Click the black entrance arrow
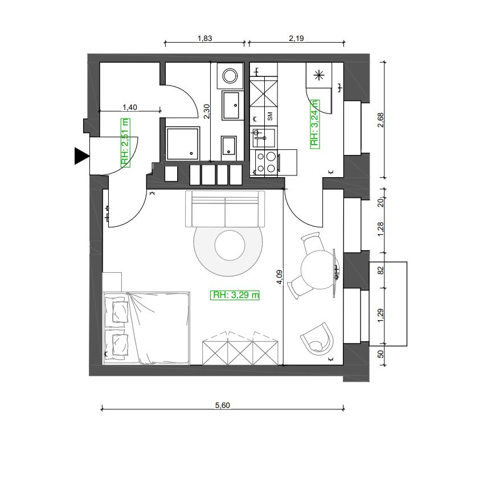pos(81,156)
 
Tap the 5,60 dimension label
pos(222,405)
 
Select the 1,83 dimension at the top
pos(204,38)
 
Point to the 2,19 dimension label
pos(296,38)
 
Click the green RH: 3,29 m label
pos(235,295)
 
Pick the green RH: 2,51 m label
pos(125,143)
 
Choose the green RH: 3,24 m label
pos(314,124)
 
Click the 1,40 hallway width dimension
pos(130,107)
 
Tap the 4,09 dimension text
pos(280,277)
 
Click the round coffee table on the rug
pos(230,246)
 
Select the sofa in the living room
pos(225,209)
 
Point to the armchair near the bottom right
pos(318,338)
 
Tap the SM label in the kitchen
pos(270,116)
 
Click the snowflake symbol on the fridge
pos(319,75)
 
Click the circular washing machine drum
pos(230,76)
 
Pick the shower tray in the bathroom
pos(183,144)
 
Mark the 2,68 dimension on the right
pos(380,120)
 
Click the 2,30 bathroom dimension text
pos(207,111)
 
